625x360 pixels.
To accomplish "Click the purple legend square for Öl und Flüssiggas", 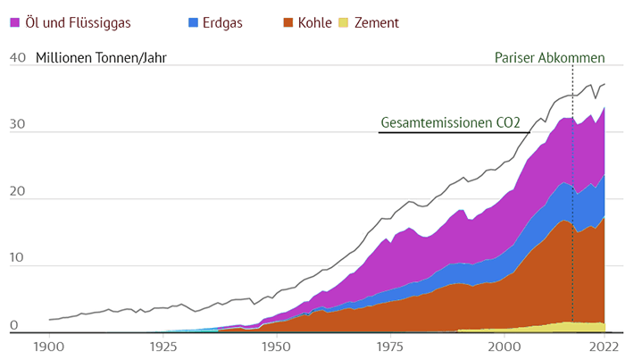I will [15, 21].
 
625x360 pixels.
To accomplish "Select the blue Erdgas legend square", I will [196, 21].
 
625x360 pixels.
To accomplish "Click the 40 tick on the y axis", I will [17, 59].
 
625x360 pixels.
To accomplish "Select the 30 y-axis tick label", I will [17, 131].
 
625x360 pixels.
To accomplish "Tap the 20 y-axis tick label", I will [17, 198].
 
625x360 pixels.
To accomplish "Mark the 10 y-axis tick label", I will [17, 265].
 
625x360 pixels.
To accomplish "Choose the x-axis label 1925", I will [162, 346].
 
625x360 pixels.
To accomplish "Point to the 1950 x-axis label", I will [277, 346].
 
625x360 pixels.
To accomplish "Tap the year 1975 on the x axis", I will [391, 346].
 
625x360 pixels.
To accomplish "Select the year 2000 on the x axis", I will [505, 346].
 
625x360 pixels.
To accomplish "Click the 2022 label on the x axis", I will [604, 346].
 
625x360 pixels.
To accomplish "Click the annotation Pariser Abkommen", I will [550, 58].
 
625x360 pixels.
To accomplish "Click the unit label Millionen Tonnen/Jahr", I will [101, 59].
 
